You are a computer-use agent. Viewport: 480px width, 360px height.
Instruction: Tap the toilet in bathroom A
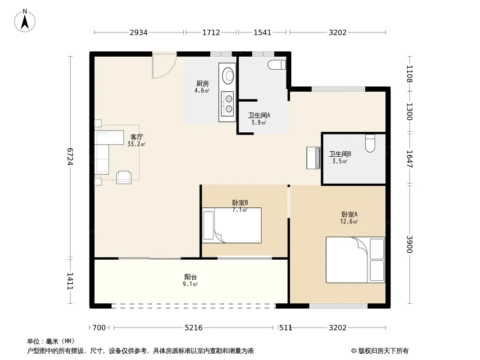pos(277,65)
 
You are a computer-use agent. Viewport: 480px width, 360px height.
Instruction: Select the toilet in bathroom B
pos(370,144)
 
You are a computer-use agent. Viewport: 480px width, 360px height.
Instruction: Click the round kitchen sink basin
pos(228,75)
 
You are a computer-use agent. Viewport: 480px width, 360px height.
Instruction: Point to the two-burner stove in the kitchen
pos(227,103)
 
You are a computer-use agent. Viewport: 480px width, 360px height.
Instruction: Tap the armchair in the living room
pos(124,177)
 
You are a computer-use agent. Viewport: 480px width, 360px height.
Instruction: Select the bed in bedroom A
pos(355,260)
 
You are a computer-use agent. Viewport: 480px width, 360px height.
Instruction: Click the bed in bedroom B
pos(232,225)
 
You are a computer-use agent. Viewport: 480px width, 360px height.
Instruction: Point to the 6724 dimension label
pos(70,157)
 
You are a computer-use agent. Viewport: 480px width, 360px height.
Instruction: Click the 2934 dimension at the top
pos(139,32)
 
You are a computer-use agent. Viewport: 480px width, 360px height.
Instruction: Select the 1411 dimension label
pos(70,281)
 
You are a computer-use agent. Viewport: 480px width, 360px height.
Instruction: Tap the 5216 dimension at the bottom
pos(194,328)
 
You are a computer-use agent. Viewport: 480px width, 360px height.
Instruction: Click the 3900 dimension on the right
pos(410,244)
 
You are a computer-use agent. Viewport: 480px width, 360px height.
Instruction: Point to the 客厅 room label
pos(136,137)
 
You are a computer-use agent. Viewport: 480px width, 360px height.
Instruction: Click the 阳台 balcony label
pos(190,277)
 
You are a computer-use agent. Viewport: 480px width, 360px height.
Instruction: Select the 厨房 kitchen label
pos(202,84)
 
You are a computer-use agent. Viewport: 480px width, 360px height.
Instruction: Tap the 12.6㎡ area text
pos(349,221)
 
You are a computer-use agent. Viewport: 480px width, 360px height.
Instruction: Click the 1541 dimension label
pos(263,32)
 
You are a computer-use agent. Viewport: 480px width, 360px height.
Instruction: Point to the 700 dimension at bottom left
pos(99,328)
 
